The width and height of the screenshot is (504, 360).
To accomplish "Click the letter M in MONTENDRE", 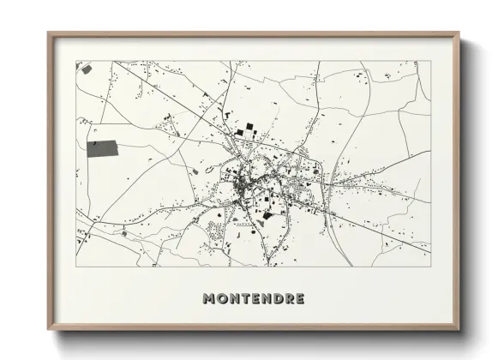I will point(208,298).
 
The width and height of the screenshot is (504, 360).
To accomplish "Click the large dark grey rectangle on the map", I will point(104,149).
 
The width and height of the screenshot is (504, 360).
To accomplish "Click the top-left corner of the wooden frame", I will point(49,33).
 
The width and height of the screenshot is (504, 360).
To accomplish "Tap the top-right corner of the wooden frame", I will point(459,33).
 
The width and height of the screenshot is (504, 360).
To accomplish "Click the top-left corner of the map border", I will point(76,61).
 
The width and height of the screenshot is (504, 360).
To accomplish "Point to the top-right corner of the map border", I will point(430,61).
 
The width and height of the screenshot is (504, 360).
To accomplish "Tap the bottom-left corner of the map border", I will point(76,267).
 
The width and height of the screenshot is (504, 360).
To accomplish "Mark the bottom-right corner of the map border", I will point(430,267).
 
